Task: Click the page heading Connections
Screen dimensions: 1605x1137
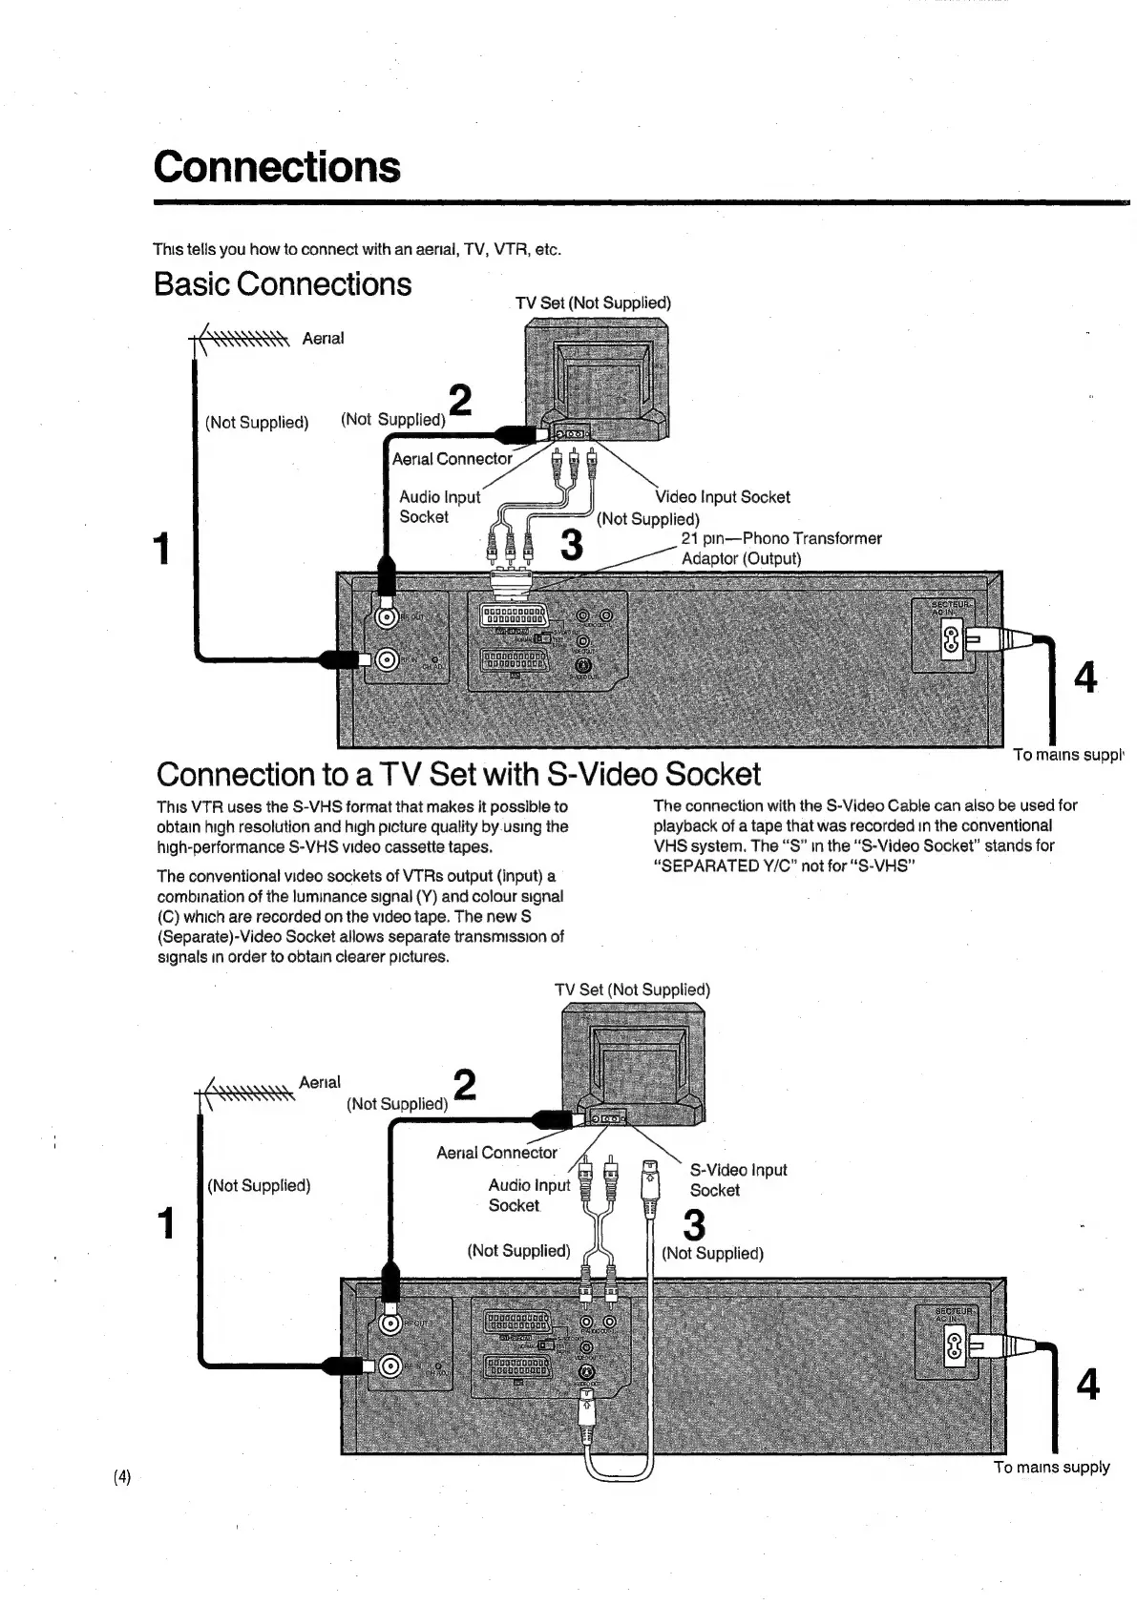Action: pos(277,167)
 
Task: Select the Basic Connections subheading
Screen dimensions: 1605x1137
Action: pos(283,284)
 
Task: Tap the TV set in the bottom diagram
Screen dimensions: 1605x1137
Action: pos(631,1059)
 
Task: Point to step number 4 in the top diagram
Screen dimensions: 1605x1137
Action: pos(1085,677)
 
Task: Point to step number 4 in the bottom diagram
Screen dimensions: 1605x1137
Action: pos(1087,1384)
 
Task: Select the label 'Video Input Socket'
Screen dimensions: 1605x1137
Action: pos(724,497)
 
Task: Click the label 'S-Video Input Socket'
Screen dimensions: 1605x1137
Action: pos(737,1180)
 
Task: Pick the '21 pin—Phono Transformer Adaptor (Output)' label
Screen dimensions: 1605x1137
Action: pos(780,549)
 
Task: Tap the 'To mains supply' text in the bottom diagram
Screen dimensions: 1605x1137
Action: pos(1051,1467)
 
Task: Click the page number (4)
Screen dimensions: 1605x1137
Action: pos(122,1477)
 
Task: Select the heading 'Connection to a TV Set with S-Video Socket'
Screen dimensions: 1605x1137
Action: pos(458,774)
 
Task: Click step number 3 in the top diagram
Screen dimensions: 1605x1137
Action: pos(571,545)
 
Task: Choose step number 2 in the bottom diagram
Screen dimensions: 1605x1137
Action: pos(464,1085)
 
